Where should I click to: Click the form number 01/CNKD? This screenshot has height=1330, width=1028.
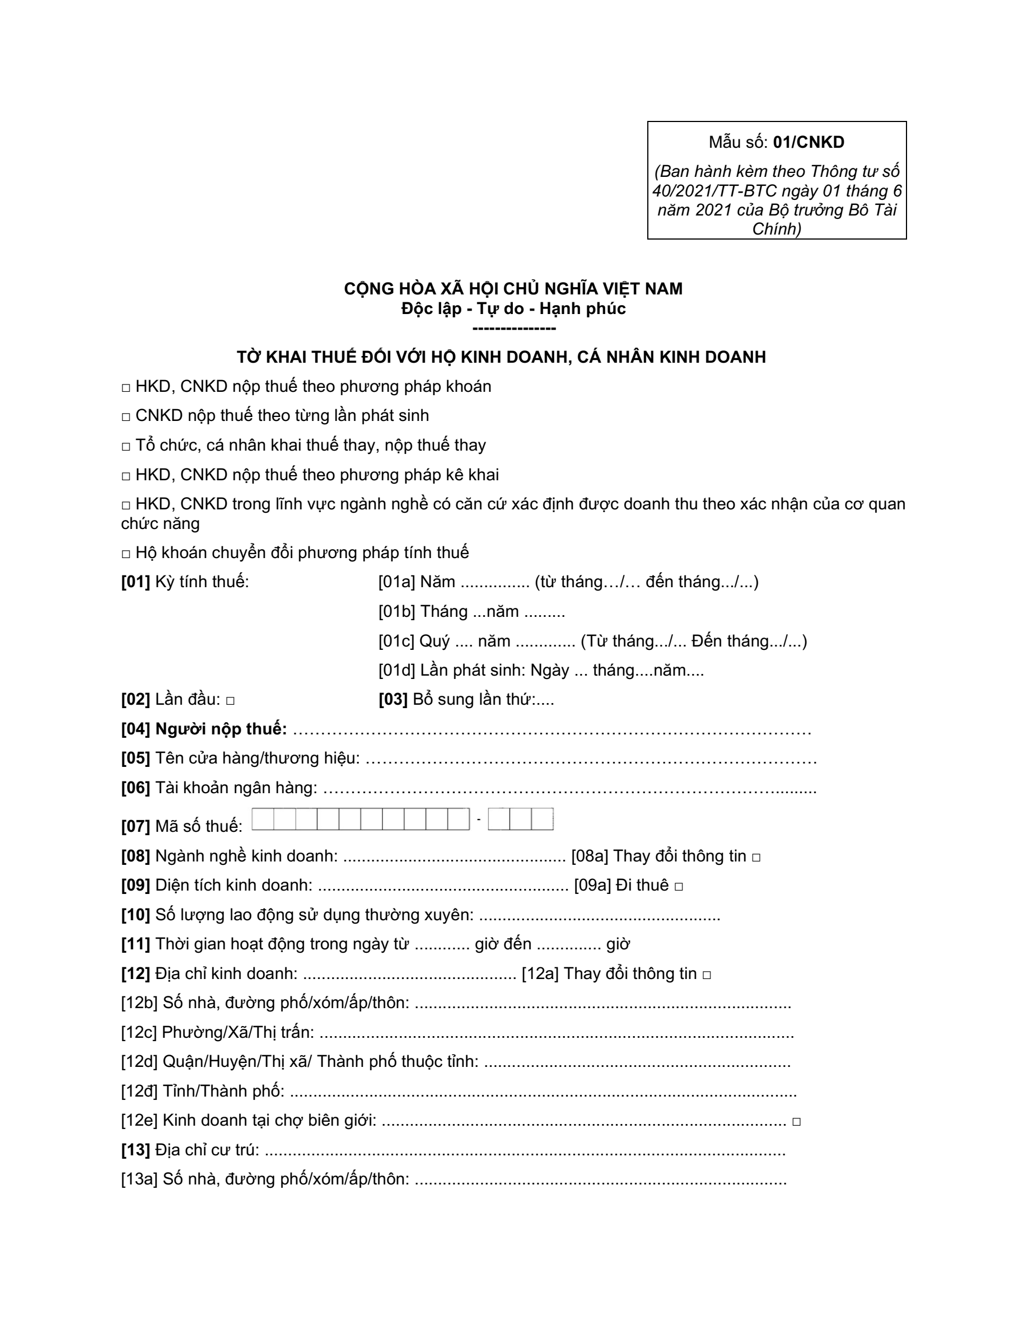tap(808, 143)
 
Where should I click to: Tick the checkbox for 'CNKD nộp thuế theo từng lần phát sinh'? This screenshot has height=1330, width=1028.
tap(126, 417)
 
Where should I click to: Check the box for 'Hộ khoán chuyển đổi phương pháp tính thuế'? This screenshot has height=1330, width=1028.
tap(126, 554)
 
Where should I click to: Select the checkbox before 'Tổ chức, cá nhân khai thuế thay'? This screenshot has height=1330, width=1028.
tap(126, 446)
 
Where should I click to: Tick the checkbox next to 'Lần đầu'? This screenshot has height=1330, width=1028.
tap(230, 701)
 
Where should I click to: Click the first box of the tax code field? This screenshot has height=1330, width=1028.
tap(263, 819)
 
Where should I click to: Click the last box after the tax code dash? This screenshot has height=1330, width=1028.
tap(542, 819)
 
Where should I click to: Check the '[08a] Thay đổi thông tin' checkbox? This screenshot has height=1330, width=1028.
tap(756, 858)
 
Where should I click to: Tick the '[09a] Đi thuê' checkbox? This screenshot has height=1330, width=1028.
tap(679, 887)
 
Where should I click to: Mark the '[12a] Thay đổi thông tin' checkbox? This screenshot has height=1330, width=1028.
tap(707, 975)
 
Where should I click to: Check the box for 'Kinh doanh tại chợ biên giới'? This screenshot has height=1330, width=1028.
tap(796, 1122)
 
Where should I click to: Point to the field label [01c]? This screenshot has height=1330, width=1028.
tap(396, 641)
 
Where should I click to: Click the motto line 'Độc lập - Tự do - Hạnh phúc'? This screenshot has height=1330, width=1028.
tap(513, 309)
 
